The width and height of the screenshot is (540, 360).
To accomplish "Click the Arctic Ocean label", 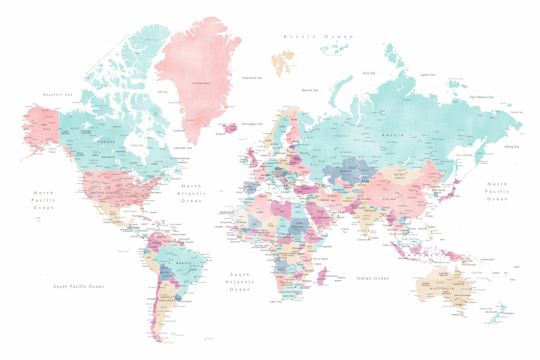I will [319, 37].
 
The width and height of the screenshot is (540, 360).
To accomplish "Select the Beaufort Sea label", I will [58, 94].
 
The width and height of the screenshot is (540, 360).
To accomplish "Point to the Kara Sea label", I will [369, 72].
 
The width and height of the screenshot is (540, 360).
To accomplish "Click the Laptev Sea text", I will [428, 74].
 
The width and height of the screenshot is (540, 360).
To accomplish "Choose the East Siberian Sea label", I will [481, 97].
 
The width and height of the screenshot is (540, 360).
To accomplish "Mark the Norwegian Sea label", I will [252, 124].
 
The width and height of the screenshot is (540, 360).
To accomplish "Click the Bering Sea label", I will [511, 146].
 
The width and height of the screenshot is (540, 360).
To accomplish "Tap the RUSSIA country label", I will [390, 136].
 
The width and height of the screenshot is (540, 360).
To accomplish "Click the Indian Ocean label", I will [373, 278].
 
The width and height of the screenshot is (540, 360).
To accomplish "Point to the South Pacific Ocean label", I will [78, 286].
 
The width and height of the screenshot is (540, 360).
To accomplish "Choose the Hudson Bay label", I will [138, 145].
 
